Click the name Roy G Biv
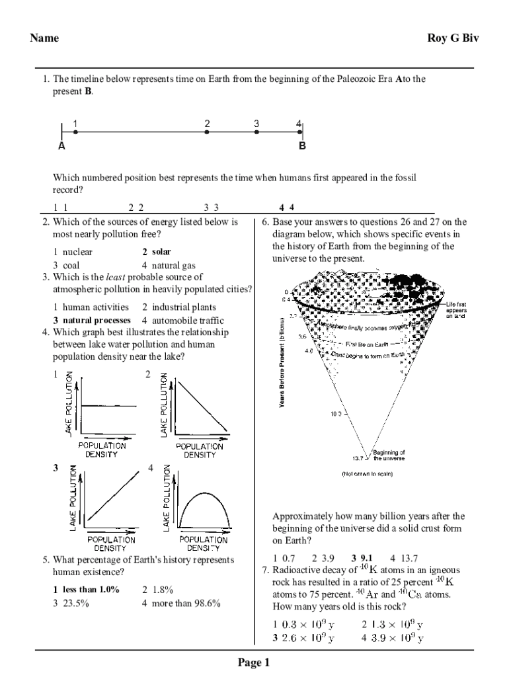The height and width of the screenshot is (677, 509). tap(453, 38)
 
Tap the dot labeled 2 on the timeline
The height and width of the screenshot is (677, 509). tap(207, 132)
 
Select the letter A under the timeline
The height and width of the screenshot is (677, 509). tap(61, 147)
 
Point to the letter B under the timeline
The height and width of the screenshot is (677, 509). tap(302, 147)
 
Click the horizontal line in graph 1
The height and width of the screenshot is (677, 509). tap(108, 406)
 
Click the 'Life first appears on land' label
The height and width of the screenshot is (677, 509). tap(456, 310)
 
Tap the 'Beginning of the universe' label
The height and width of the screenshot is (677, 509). tap(389, 456)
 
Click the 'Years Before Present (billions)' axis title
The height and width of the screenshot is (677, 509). tap(282, 364)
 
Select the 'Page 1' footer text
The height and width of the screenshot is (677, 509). tap(255, 663)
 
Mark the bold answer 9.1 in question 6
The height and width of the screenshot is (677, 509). tap(367, 558)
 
